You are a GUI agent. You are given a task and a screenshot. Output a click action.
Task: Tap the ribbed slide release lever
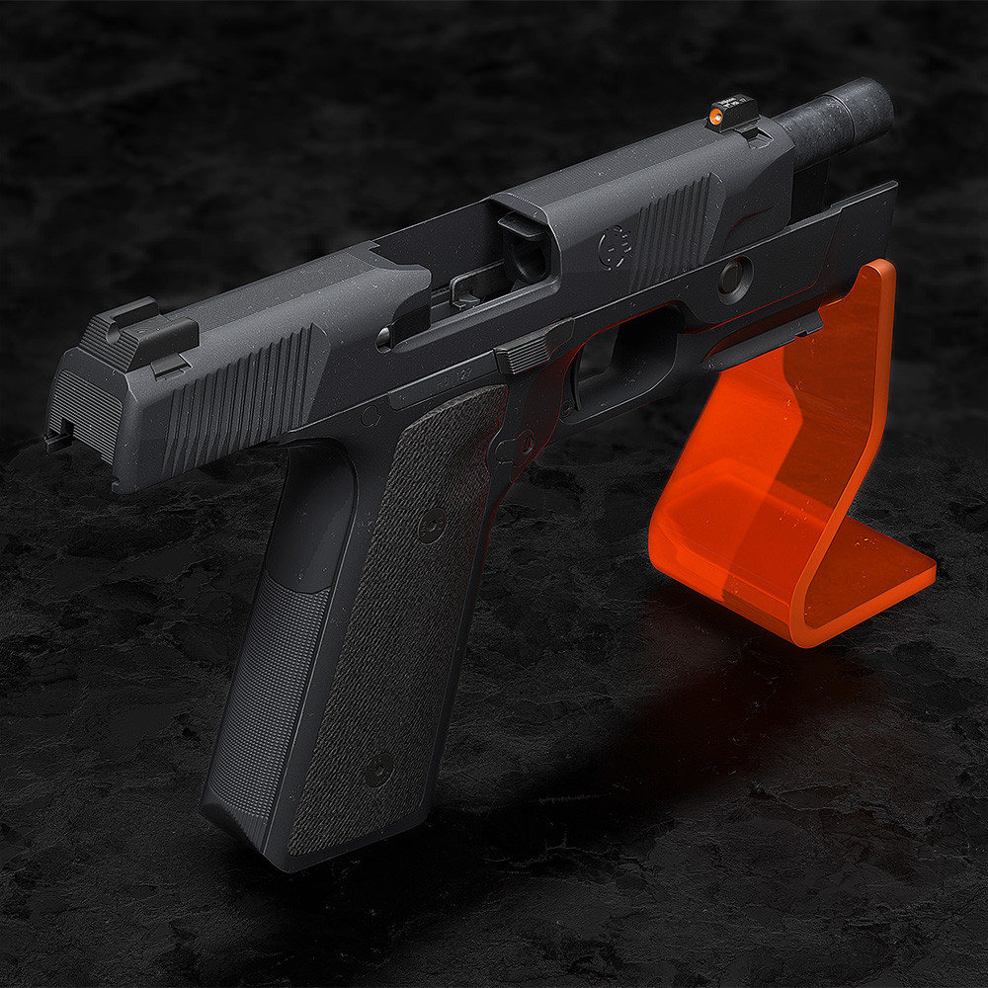pos(525,350)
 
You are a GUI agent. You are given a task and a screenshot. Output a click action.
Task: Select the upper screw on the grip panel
pos(432,524)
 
